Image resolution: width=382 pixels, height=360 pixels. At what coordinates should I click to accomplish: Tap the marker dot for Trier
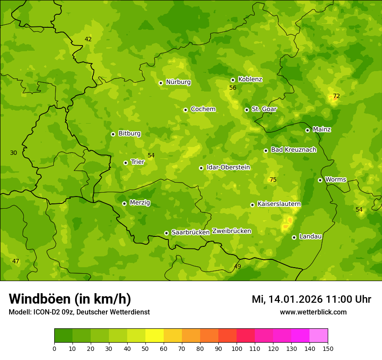(126, 163)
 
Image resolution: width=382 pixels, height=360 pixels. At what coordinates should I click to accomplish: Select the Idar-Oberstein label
(228, 167)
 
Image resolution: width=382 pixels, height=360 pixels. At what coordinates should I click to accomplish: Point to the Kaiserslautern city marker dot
(252, 205)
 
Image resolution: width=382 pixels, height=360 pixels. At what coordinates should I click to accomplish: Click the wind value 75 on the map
(273, 180)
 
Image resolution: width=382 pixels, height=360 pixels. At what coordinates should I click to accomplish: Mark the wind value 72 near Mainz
(336, 96)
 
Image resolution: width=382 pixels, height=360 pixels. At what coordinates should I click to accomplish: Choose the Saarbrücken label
(190, 232)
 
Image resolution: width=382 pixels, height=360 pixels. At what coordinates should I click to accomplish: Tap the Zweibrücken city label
(231, 231)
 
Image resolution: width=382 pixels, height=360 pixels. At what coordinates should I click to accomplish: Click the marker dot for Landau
(294, 237)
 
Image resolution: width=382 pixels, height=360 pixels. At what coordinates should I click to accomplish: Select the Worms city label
(336, 180)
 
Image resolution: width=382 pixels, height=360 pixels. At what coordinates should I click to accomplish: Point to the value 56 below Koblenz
(233, 88)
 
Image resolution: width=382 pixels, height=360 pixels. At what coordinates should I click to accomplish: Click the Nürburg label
(178, 82)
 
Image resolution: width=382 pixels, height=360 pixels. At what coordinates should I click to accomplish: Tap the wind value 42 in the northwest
(88, 39)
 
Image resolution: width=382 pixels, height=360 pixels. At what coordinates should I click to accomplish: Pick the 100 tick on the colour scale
(237, 348)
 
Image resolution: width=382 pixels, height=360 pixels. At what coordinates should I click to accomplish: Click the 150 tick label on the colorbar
(328, 348)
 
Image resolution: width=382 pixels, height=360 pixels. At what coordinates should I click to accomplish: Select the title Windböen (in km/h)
(70, 299)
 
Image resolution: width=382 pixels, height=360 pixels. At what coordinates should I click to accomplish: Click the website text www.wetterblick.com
(313, 312)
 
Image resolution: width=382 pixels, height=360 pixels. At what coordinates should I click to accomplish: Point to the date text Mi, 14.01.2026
(286, 299)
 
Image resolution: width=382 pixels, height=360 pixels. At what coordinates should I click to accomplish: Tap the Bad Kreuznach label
(293, 150)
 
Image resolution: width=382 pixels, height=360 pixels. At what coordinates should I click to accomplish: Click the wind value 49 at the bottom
(237, 266)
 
